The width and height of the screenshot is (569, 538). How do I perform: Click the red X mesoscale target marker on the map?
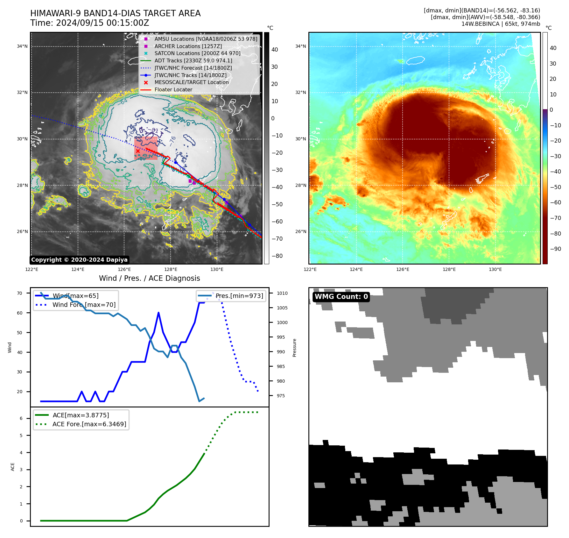click(x=137, y=151)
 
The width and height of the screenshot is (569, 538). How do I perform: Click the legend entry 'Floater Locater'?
click(x=173, y=90)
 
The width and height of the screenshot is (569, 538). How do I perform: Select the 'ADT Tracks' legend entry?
click(x=193, y=60)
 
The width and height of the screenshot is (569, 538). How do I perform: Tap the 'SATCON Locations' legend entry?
click(x=197, y=53)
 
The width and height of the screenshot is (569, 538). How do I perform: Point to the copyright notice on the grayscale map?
click(x=79, y=260)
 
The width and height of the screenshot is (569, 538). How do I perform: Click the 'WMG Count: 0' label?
click(x=341, y=297)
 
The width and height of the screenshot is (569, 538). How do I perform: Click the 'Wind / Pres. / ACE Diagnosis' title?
click(x=149, y=278)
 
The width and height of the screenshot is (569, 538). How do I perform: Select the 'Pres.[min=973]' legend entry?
click(x=239, y=296)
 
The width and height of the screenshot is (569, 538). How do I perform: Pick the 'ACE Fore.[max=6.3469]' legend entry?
click(x=89, y=424)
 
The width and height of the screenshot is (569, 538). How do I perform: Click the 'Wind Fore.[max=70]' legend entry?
click(x=84, y=305)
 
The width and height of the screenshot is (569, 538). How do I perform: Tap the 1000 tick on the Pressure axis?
click(x=282, y=322)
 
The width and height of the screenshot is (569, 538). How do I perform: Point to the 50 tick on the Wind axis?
click(x=20, y=333)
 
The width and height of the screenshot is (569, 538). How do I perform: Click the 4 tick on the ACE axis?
click(x=21, y=453)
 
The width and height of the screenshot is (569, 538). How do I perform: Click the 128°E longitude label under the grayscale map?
click(x=171, y=269)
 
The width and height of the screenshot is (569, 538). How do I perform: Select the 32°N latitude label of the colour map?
click(x=300, y=93)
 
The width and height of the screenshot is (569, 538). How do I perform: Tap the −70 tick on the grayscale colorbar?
click(x=277, y=239)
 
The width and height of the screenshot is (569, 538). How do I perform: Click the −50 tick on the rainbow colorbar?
click(x=556, y=187)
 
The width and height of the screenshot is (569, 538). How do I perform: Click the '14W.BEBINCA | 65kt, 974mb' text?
click(x=501, y=24)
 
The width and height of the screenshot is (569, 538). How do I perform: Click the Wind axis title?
click(x=10, y=347)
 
